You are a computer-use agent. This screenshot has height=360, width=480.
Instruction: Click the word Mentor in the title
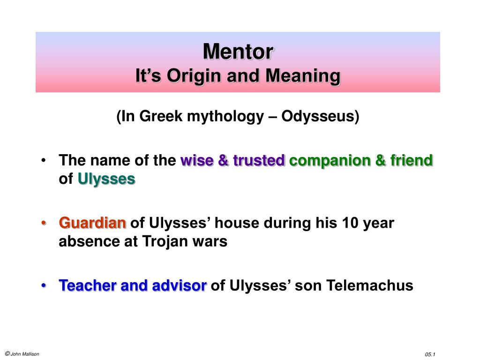pos(238,52)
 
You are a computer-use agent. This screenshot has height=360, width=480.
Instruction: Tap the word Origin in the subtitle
pos(195,76)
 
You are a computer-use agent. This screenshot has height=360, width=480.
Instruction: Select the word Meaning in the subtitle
pos(303,76)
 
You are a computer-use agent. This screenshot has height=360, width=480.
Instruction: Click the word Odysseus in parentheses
pos(320,116)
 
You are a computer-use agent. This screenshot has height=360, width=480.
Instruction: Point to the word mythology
pos(225,117)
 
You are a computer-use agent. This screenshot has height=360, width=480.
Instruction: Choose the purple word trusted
pos(259,160)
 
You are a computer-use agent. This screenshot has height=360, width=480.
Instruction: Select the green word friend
pos(412,160)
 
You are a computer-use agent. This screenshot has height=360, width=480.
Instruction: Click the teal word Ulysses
pos(106,180)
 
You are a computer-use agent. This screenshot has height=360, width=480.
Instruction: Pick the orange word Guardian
pos(92,223)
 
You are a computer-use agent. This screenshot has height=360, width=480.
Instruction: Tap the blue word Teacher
pos(88,285)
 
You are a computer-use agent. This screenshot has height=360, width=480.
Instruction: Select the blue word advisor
pos(179,285)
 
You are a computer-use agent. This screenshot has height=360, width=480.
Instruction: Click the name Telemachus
pos(369,285)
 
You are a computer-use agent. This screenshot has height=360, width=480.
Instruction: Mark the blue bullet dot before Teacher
pos(44,285)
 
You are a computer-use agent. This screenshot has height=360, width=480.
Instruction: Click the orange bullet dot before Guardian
pos(44,223)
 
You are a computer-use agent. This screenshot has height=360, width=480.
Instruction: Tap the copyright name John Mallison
pos(25,354)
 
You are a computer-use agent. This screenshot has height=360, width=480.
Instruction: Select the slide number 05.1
pos(430,354)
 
